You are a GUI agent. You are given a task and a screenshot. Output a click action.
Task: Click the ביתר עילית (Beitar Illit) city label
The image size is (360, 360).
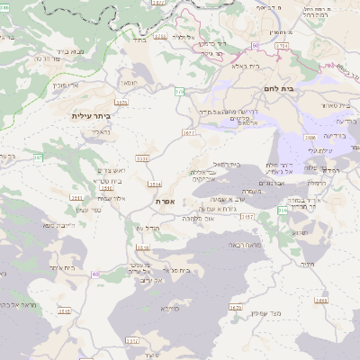click(x=94, y=116)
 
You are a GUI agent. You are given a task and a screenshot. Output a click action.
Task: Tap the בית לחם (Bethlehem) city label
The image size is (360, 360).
click(x=280, y=88)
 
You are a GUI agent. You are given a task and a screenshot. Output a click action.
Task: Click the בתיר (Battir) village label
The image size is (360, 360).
click(x=139, y=40)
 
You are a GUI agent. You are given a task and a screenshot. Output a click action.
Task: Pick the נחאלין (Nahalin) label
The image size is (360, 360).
click(x=99, y=132)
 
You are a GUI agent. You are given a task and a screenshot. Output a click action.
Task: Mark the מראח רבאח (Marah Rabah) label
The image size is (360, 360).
click(x=244, y=245)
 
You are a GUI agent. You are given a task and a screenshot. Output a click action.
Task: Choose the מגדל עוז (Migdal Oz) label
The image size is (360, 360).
click(x=146, y=229)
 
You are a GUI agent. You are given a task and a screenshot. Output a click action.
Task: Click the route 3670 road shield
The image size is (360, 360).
click(x=236, y=307)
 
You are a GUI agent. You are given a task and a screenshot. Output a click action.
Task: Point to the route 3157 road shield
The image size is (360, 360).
click(x=248, y=218)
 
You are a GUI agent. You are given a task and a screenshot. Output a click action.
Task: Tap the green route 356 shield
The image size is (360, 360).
click(x=282, y=210)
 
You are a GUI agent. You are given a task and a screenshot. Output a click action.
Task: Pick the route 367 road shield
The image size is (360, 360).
click(x=38, y=157)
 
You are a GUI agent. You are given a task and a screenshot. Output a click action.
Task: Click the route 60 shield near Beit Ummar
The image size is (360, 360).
click(x=95, y=274)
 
